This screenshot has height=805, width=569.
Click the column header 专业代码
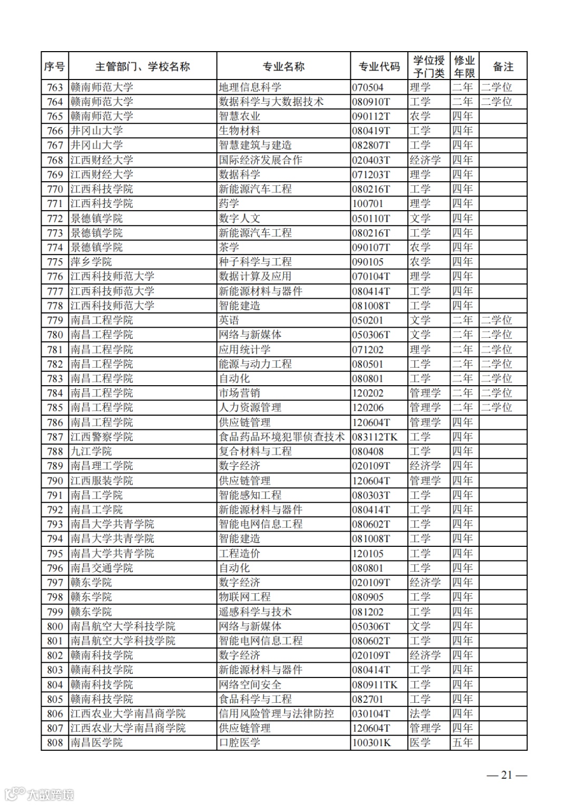tap(379, 67)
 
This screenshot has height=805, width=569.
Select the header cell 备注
tap(503, 67)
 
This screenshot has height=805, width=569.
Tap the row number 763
tap(55, 87)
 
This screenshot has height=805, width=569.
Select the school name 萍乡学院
tap(91, 262)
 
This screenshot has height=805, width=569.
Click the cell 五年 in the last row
tap(463, 743)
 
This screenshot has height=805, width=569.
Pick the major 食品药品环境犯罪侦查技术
tap(282, 437)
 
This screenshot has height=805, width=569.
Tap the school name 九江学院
tap(91, 451)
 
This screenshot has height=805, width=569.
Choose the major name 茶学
tap(229, 248)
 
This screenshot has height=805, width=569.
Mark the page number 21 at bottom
tap(506, 774)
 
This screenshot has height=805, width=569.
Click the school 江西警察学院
tap(102, 437)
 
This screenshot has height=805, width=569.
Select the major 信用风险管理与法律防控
tap(277, 713)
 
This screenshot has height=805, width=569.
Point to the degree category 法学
tap(420, 713)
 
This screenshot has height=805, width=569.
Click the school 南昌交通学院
tap(102, 568)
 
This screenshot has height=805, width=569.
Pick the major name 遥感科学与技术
tap(255, 612)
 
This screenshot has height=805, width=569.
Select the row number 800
tap(55, 626)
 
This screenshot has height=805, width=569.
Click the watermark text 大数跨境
tap(50, 794)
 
